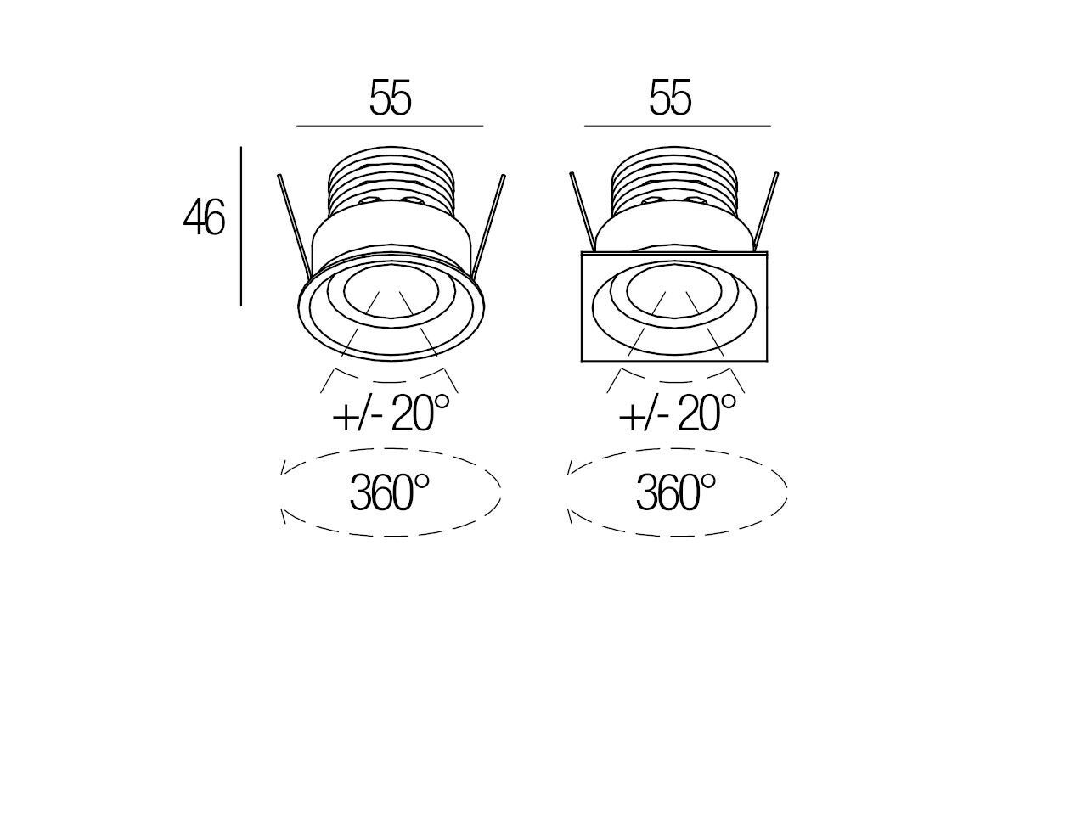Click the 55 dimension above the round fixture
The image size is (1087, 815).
click(x=391, y=98)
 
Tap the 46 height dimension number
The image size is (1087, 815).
click(x=204, y=217)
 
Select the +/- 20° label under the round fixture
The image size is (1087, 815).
click(x=391, y=413)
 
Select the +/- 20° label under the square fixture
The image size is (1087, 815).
click(x=678, y=413)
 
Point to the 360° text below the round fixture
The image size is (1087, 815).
click(x=389, y=492)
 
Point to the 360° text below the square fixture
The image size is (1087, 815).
click(x=676, y=492)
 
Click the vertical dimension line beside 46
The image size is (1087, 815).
click(x=241, y=226)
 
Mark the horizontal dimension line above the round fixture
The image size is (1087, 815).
click(x=390, y=126)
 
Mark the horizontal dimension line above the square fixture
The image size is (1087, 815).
click(x=678, y=126)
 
